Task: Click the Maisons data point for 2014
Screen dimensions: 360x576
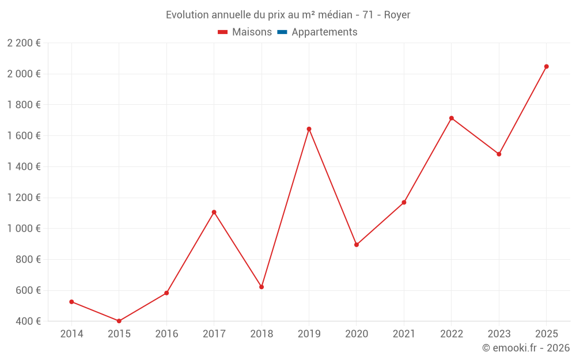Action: pos(71,302)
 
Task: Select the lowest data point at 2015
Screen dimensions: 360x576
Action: pos(119,321)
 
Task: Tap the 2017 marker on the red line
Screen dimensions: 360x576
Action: pos(214,212)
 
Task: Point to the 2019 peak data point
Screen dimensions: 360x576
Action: pos(309,129)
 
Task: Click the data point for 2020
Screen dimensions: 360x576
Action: pos(357,245)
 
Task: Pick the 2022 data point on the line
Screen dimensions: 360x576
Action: pos(452,118)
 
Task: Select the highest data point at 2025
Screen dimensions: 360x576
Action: pos(547,66)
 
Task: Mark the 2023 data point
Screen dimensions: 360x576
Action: pos(499,154)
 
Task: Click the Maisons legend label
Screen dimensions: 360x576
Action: pos(252,32)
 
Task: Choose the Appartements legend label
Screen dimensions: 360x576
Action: pos(324,32)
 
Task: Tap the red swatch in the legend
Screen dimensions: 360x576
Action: pos(223,32)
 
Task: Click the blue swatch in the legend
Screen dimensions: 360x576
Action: pos(282,32)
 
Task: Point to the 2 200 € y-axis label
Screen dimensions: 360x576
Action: pos(24,43)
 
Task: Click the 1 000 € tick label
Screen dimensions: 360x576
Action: pos(24,229)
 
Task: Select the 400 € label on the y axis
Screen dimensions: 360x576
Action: pos(28,321)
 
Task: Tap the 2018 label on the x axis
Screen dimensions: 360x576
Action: pos(262,334)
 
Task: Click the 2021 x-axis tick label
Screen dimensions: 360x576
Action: pos(404,334)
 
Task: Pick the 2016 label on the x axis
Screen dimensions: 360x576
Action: pos(166,334)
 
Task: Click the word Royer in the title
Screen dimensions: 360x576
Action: pos(397,15)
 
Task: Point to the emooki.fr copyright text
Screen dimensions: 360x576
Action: pos(526,348)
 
